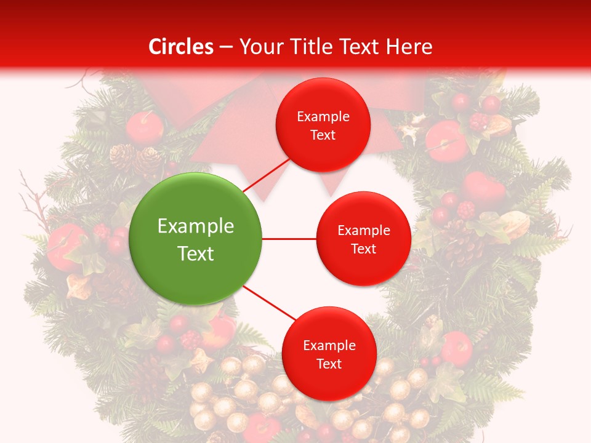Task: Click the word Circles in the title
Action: tap(181, 47)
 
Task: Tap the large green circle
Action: tap(196, 239)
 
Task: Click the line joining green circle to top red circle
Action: tap(266, 174)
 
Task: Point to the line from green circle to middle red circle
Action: tap(289, 239)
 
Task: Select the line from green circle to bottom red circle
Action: tap(270, 304)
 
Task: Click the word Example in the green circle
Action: tap(196, 226)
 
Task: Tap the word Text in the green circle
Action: tap(196, 253)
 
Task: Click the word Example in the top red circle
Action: tap(323, 116)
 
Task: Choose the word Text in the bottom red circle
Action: tap(329, 364)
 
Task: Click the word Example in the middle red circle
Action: tap(364, 231)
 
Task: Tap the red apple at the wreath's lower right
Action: tap(456, 348)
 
